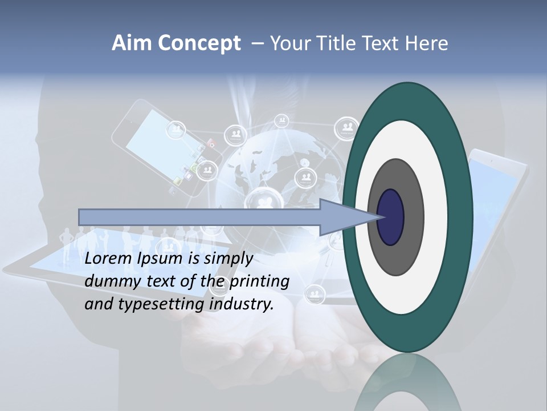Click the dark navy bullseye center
click(391, 217)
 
